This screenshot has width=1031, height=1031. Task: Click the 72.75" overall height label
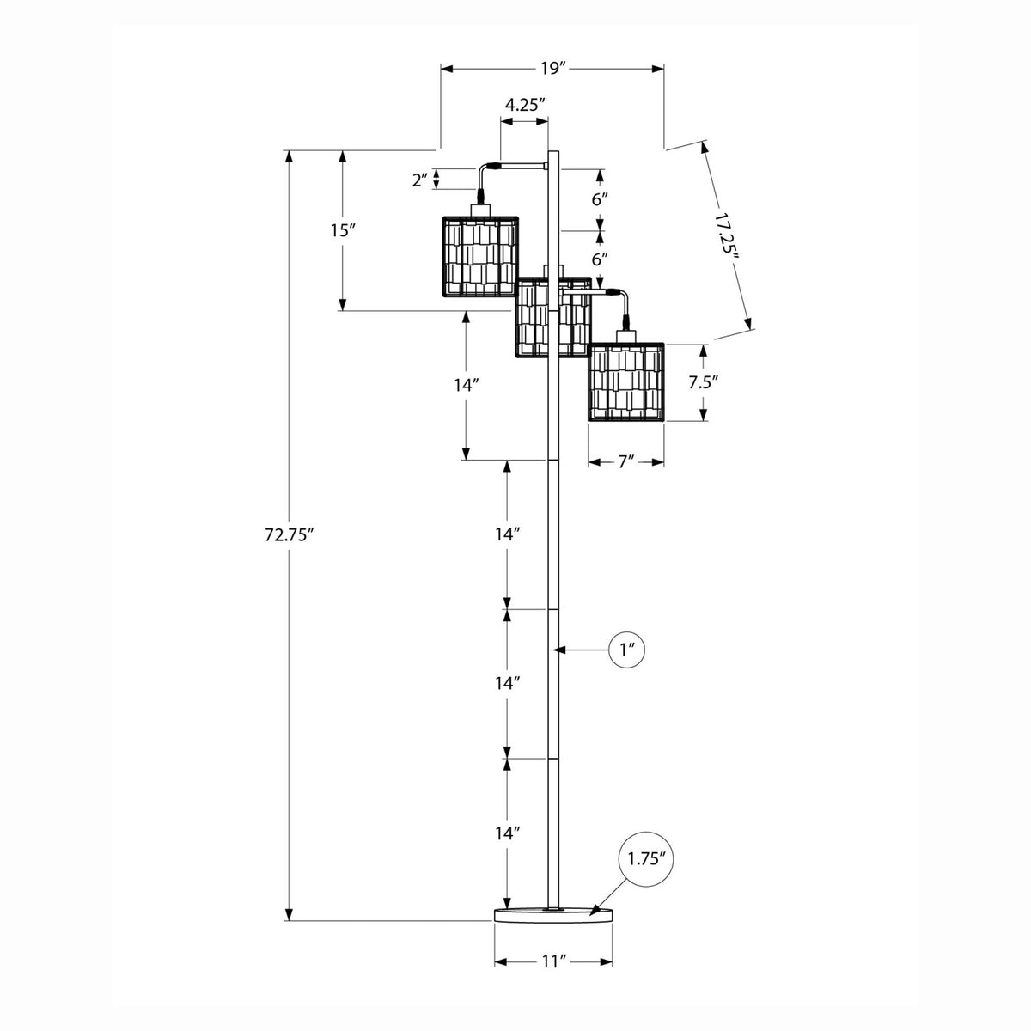click(x=289, y=534)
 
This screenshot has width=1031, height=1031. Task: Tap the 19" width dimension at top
click(x=552, y=69)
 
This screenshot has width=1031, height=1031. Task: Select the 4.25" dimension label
click(x=525, y=104)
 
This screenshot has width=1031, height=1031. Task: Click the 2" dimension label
click(x=420, y=180)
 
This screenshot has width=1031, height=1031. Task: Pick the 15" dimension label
click(x=344, y=230)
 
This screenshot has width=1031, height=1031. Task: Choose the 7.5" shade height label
click(x=703, y=382)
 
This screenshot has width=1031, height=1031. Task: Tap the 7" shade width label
click(x=626, y=461)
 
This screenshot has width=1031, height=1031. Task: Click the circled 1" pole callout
click(x=626, y=650)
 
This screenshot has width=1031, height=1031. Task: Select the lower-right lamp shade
click(x=626, y=382)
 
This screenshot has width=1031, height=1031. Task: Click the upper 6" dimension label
click(x=600, y=199)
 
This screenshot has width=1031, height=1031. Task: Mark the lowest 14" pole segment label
click(x=507, y=833)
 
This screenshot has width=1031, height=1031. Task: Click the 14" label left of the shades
click(x=466, y=385)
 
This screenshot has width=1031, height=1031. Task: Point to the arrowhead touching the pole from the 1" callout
click(x=559, y=650)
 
